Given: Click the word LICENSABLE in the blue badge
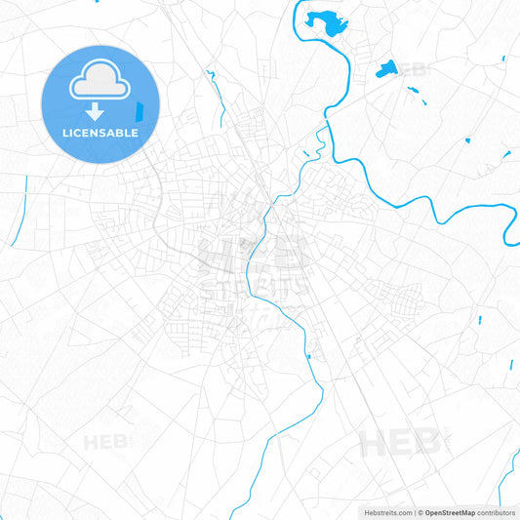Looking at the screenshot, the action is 100,132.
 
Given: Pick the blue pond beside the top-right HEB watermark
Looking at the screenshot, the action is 386,68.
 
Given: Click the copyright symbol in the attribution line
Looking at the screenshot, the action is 421,512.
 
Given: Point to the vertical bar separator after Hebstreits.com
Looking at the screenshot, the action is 414,512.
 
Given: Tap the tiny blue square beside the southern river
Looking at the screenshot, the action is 309,357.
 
